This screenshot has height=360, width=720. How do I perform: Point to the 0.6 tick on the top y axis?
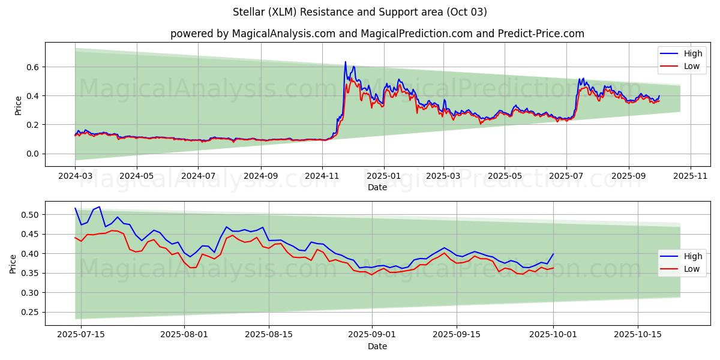point(32,67)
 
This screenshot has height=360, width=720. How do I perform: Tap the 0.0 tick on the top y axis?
point(32,154)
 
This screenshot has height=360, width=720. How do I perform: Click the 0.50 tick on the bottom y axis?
point(29,215)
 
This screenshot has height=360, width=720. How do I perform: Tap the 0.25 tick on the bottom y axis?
point(29,312)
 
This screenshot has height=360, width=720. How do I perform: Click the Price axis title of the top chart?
point(19,105)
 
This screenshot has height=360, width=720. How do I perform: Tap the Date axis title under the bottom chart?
point(377,346)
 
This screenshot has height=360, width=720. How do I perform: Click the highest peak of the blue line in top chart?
point(345,62)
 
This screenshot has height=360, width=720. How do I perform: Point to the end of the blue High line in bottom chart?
point(553,254)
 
